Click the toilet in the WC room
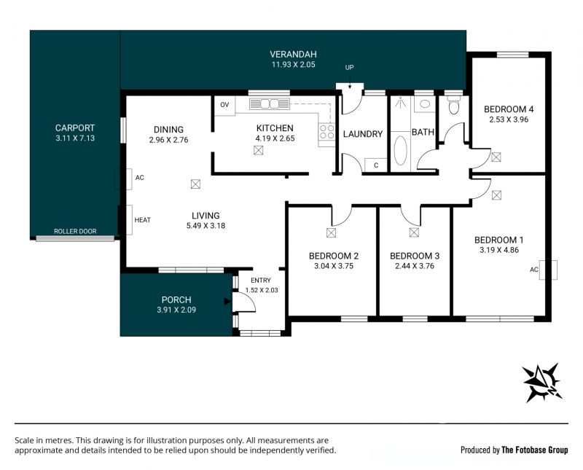click(x=453, y=105)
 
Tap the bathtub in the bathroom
click(x=400, y=151)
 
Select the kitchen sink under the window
click(x=269, y=103)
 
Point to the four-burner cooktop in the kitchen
click(x=326, y=132)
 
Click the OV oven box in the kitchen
click(x=224, y=105)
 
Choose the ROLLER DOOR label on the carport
click(x=75, y=231)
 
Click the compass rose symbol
click(x=542, y=383)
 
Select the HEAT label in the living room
click(x=142, y=220)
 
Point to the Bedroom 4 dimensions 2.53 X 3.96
click(x=509, y=120)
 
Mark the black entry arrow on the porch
click(x=227, y=302)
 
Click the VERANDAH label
click(x=294, y=55)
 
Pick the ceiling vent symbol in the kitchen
click(x=259, y=151)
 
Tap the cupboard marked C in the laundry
click(x=376, y=165)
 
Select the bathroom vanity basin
click(x=425, y=103)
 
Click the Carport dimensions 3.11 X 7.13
click(x=75, y=138)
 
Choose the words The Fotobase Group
click(x=535, y=450)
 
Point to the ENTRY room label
click(x=261, y=281)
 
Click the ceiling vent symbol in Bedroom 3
click(x=414, y=232)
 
